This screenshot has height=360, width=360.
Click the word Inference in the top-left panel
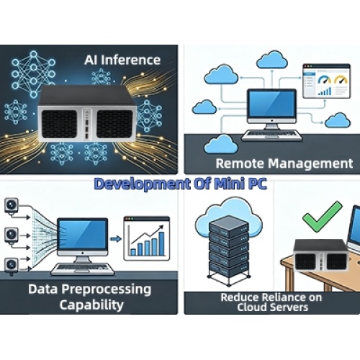click(130, 60)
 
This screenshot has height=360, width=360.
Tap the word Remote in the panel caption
click(240, 163)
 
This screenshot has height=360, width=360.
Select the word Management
click(310, 164)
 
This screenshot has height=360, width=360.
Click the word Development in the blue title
click(142, 184)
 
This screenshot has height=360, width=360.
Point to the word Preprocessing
click(107, 289)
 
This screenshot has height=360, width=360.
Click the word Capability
click(91, 305)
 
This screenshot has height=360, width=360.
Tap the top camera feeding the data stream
click(12, 206)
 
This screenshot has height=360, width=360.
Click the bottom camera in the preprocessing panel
click(12, 266)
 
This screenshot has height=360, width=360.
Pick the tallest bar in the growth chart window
click(161, 243)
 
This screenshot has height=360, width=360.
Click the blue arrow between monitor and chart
click(116, 239)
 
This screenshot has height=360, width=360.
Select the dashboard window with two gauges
click(326, 81)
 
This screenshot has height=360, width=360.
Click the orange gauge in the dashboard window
click(341, 80)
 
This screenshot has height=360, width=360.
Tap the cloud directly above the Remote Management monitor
click(272, 60)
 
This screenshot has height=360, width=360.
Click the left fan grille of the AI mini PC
click(60, 125)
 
